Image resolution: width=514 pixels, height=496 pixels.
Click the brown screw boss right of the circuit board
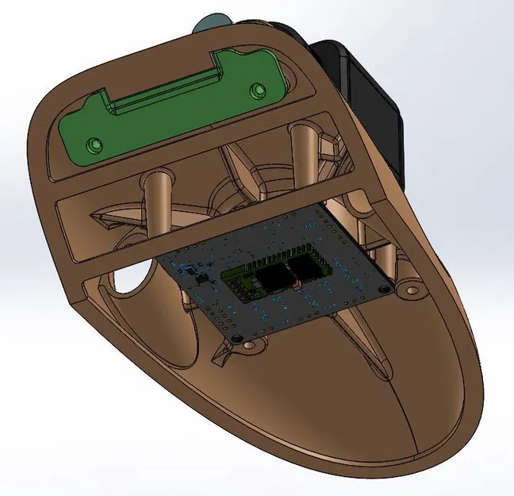pos(412,290)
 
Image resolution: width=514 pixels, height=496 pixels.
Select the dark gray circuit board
pos(262,306)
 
